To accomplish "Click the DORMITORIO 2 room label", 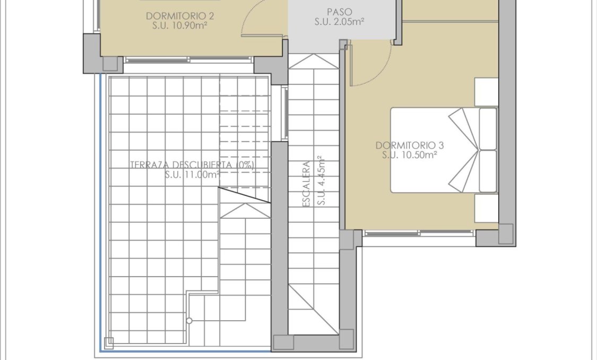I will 176,16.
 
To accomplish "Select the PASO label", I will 339,12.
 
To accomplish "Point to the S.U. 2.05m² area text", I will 339,22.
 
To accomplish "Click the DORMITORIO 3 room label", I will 409,145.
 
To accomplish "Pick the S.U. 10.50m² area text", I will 409,155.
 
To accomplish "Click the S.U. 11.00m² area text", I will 192,174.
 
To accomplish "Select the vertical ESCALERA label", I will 306,184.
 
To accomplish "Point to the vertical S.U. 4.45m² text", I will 320,181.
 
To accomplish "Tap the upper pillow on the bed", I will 488,128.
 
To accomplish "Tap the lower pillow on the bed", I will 488,171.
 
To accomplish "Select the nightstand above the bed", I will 486,92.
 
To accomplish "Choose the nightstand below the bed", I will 486,208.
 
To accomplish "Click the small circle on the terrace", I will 189,321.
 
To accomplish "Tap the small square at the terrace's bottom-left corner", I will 109,342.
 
